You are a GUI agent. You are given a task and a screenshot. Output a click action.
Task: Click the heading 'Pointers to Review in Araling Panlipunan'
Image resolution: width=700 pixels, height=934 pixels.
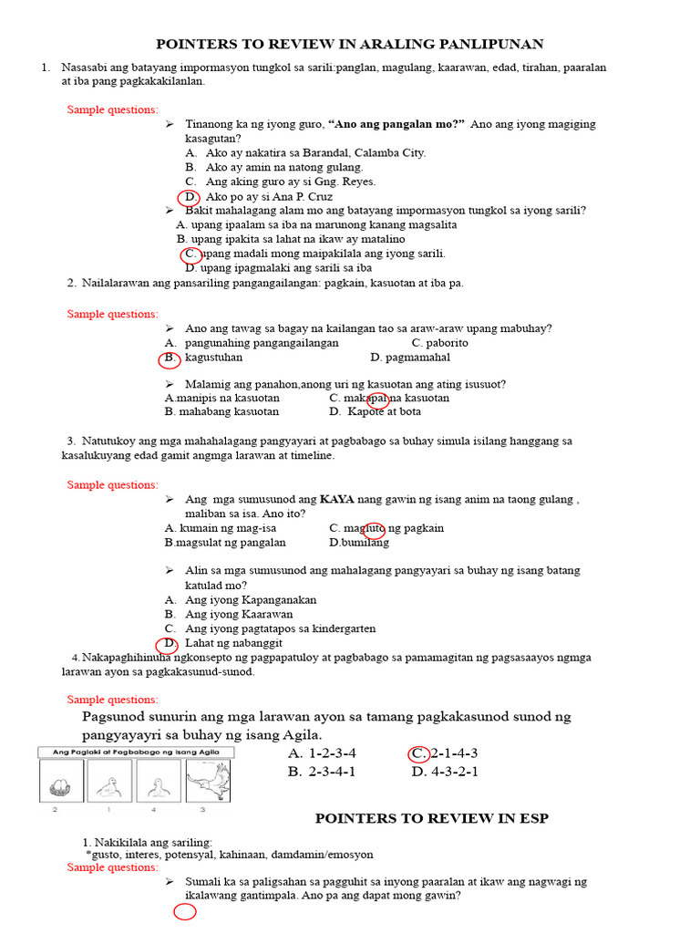pyautogui.click(x=350, y=44)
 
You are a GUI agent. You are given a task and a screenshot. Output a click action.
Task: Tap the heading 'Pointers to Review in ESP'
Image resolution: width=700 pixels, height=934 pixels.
pyautogui.click(x=432, y=818)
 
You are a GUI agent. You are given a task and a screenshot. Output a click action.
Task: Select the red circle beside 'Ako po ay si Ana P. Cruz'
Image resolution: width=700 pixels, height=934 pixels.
pyautogui.click(x=189, y=197)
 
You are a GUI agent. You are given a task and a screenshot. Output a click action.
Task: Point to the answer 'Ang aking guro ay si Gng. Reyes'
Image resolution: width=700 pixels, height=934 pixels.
pyautogui.click(x=291, y=182)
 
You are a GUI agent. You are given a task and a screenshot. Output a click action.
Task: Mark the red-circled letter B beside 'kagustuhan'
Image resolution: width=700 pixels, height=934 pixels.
pyautogui.click(x=169, y=358)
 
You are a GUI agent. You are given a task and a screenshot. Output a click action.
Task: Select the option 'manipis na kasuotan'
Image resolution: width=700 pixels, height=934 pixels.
pyautogui.click(x=223, y=398)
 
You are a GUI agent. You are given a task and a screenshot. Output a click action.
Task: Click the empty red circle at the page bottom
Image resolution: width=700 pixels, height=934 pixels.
pyautogui.click(x=185, y=913)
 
